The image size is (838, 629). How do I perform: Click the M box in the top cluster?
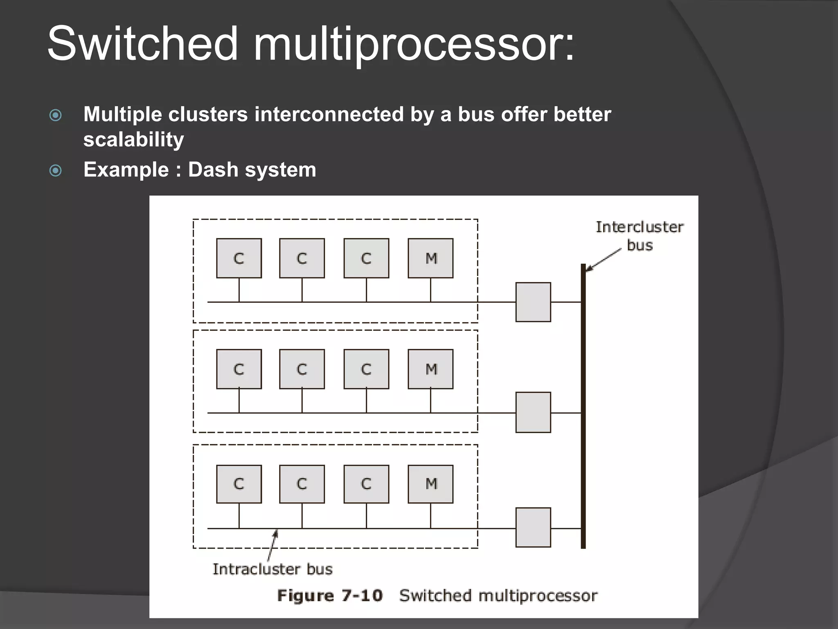pyautogui.click(x=430, y=258)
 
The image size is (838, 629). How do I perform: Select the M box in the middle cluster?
pyautogui.click(x=430, y=369)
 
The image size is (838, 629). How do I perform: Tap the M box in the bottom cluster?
pyautogui.click(x=430, y=484)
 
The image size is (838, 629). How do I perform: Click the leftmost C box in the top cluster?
pyautogui.click(x=239, y=258)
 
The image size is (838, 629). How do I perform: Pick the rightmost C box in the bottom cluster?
pyautogui.click(x=366, y=484)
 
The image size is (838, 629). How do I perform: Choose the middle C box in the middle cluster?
pyautogui.click(x=302, y=369)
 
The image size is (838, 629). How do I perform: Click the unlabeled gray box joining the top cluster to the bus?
pyautogui.click(x=533, y=302)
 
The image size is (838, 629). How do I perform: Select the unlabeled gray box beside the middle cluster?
pyautogui.click(x=533, y=412)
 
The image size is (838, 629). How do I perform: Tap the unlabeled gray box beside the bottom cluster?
pyautogui.click(x=533, y=527)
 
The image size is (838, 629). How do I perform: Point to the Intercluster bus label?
pyautogui.click(x=640, y=236)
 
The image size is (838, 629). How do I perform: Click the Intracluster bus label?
pyautogui.click(x=273, y=569)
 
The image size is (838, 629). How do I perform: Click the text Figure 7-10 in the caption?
pyautogui.click(x=330, y=595)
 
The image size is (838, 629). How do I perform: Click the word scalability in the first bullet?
pyautogui.click(x=134, y=140)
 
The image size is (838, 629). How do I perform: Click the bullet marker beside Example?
pyautogui.click(x=56, y=170)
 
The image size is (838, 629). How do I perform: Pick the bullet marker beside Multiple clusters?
pyautogui.click(x=56, y=115)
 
